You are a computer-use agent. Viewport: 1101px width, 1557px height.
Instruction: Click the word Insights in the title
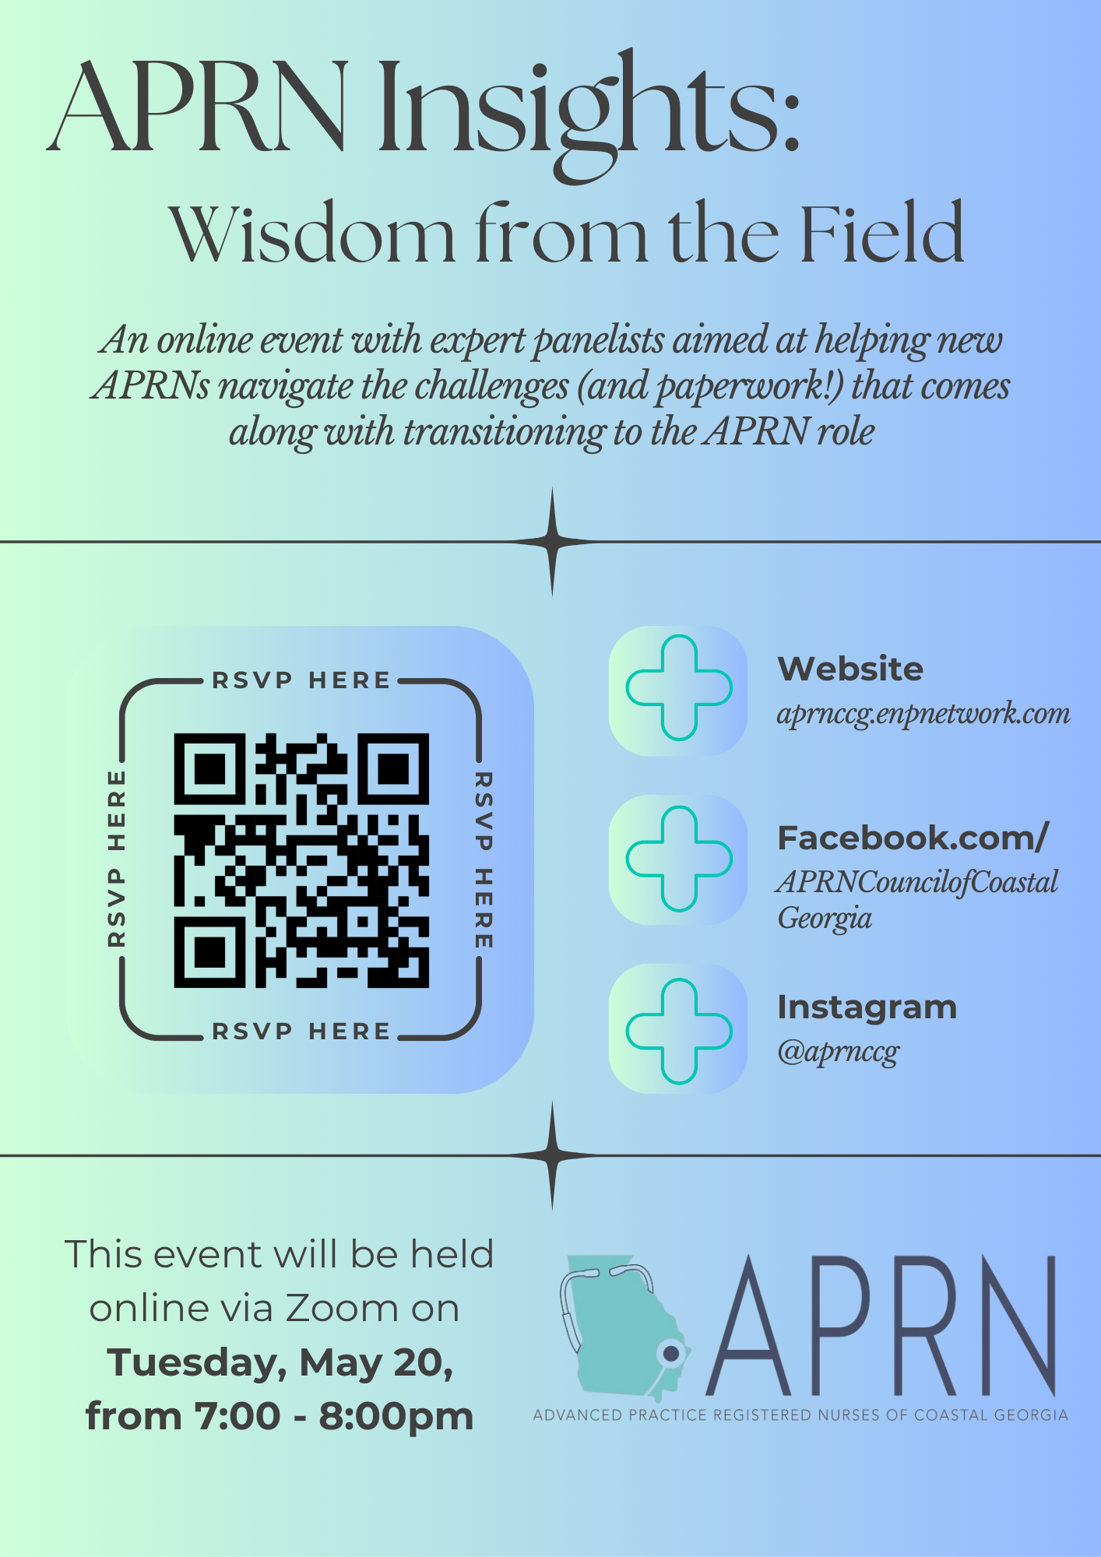click(589, 109)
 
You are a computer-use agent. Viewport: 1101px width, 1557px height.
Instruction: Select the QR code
click(301, 860)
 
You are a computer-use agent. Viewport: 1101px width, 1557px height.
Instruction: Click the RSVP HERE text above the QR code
click(301, 680)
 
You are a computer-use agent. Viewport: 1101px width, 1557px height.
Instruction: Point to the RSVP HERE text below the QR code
click(301, 1032)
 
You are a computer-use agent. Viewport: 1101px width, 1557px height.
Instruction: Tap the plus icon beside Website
click(679, 688)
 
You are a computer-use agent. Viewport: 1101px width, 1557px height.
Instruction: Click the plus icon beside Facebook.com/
click(679, 859)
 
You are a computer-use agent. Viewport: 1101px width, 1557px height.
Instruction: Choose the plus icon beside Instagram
click(679, 1031)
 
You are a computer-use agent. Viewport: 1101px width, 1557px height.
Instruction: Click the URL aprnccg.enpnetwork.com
click(923, 713)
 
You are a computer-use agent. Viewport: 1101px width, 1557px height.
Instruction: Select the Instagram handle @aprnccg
click(838, 1052)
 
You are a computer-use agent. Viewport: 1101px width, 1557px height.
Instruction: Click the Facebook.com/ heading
click(913, 838)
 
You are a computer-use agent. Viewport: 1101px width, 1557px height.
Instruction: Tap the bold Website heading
click(850, 669)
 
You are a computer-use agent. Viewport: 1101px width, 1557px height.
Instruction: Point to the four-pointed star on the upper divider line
click(552, 542)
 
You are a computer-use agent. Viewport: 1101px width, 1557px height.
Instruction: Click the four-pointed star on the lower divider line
click(552, 1155)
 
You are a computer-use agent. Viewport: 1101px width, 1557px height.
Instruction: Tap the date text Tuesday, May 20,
click(280, 1362)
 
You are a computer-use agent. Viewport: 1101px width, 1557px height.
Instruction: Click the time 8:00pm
click(396, 1416)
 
